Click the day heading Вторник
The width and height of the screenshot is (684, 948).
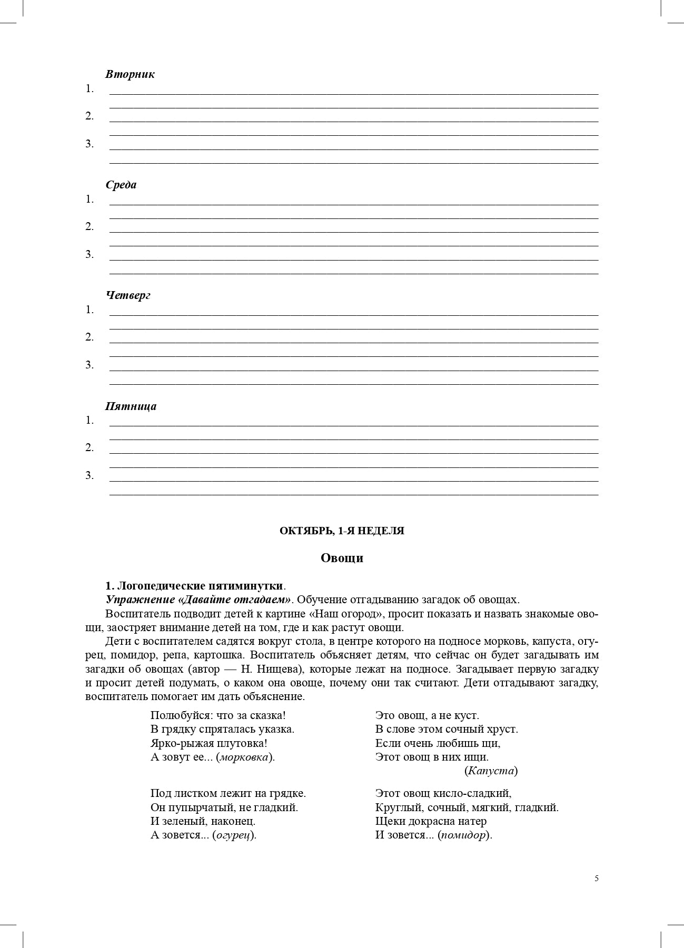pyautogui.click(x=130, y=74)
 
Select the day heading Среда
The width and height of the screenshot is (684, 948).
pyautogui.click(x=121, y=185)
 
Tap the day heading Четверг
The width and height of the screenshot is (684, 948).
pyautogui.click(x=128, y=295)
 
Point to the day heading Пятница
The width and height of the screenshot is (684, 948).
pyautogui.click(x=131, y=406)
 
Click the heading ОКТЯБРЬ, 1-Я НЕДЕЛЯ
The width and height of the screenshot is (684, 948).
pyautogui.click(x=342, y=531)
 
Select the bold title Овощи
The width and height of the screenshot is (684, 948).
pyautogui.click(x=342, y=558)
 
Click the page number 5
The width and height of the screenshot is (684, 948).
pyautogui.click(x=597, y=878)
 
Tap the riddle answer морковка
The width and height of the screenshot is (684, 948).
pyautogui.click(x=244, y=757)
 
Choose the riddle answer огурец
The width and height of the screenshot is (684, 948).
pyautogui.click(x=234, y=835)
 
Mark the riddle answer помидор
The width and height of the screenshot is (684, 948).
pyautogui.click(x=464, y=835)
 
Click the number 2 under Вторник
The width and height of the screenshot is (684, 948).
pyautogui.click(x=90, y=116)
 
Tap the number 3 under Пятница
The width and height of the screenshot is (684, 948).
pyautogui.click(x=90, y=476)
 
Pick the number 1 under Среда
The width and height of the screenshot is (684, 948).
pyautogui.click(x=90, y=199)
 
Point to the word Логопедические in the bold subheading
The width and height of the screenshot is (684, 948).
pyautogui.click(x=161, y=586)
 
